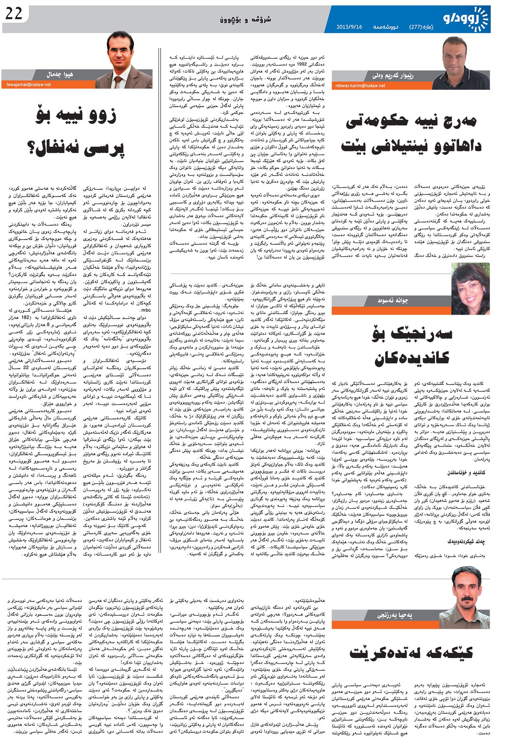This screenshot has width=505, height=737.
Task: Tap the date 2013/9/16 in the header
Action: pyautogui.click(x=349, y=27)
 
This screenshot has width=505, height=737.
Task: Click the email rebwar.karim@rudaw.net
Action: pyautogui.click(x=360, y=86)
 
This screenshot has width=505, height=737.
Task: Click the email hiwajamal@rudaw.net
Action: pyautogui.click(x=26, y=84)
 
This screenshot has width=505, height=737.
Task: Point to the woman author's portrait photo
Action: pyautogui.click(x=470, y=288)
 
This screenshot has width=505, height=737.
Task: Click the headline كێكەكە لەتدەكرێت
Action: pyautogui.click(x=411, y=653)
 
